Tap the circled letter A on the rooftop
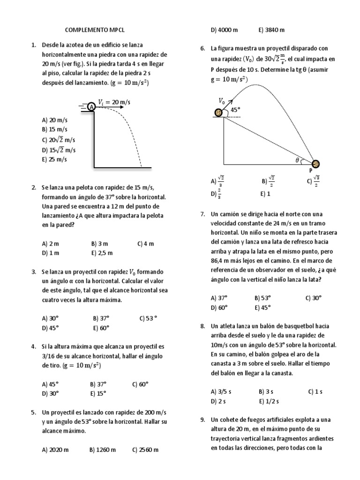tap(91, 107)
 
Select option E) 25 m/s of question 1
tap(54, 159)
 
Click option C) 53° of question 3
tap(148, 318)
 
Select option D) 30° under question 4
tap(51, 393)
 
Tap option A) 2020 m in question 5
tap(55, 450)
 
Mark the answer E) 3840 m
tap(271, 30)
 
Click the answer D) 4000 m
tap(225, 30)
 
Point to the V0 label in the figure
tap(222, 100)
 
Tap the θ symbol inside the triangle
tap(297, 160)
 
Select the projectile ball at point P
tap(316, 164)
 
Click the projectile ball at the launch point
tap(218, 112)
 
